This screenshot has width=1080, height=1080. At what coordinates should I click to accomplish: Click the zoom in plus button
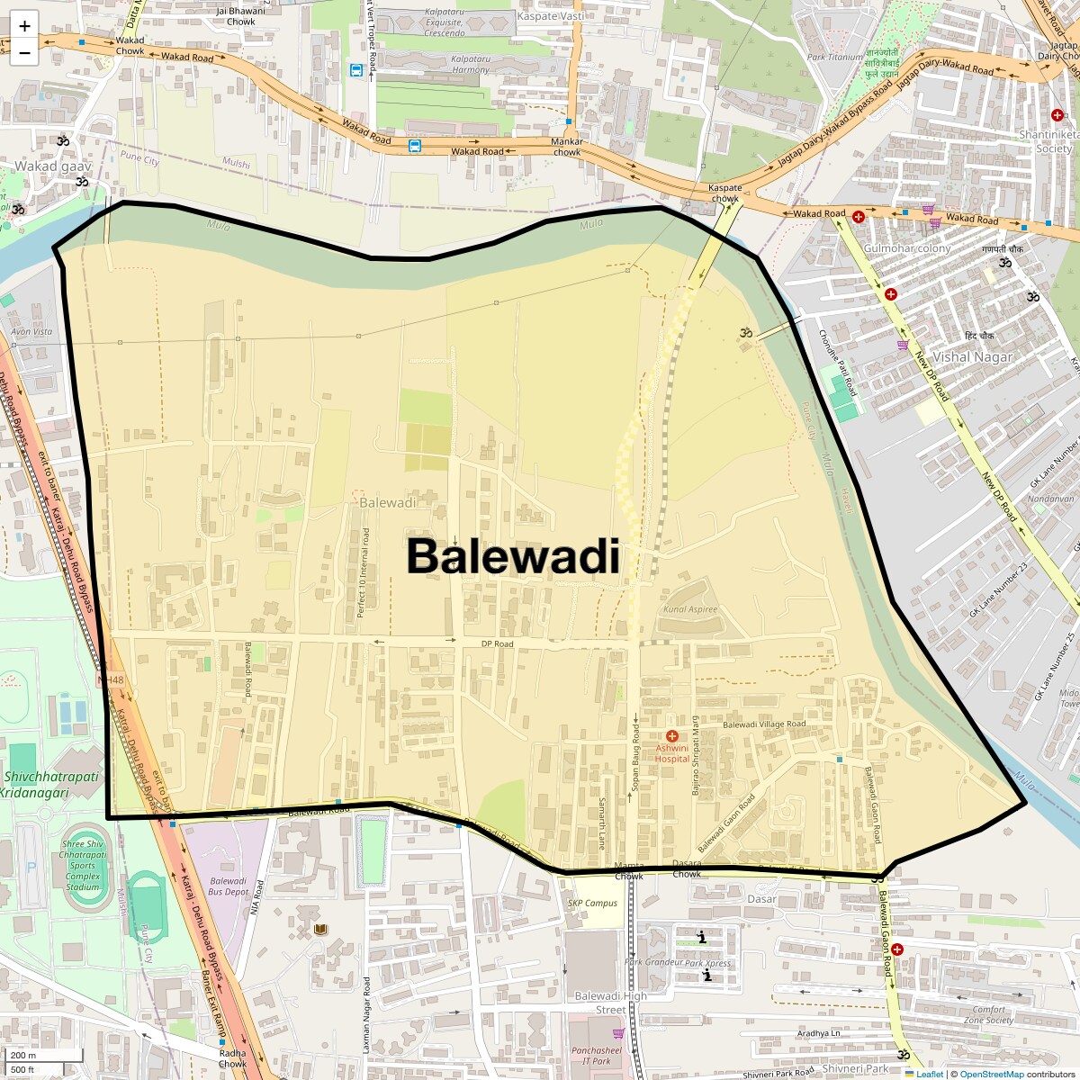pyautogui.click(x=24, y=26)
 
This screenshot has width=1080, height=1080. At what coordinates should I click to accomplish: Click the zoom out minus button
pyautogui.click(x=24, y=52)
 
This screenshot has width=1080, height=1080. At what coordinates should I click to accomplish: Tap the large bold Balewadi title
pyautogui.click(x=513, y=556)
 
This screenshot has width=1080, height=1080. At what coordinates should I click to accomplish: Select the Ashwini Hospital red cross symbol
pyautogui.click(x=671, y=736)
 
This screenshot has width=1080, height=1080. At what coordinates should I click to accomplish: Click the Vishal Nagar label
pyautogui.click(x=972, y=356)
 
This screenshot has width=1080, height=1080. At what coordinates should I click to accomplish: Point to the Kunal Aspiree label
pyautogui.click(x=690, y=609)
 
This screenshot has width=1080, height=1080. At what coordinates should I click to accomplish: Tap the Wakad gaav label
pyautogui.click(x=53, y=166)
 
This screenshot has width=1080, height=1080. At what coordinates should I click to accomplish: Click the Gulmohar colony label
pyautogui.click(x=906, y=248)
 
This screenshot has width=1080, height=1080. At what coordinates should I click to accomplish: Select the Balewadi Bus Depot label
pyautogui.click(x=228, y=886)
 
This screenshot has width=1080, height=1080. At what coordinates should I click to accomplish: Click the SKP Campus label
pyautogui.click(x=592, y=903)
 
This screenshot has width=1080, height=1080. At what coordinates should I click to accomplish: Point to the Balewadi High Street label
pyautogui.click(x=611, y=1002)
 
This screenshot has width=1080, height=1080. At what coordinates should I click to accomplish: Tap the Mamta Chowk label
pyautogui.click(x=629, y=870)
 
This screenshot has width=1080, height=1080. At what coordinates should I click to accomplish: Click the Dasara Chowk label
pyautogui.click(x=687, y=868)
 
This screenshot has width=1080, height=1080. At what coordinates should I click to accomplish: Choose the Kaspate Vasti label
pyautogui.click(x=551, y=16)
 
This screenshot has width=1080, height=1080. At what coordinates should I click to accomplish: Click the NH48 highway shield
pyautogui.click(x=111, y=680)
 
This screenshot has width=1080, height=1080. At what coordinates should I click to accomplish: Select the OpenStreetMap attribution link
pyautogui.click(x=991, y=1074)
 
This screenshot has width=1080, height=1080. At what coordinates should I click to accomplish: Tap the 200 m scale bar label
pyautogui.click(x=24, y=1055)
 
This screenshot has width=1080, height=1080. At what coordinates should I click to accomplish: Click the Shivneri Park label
pyautogui.click(x=855, y=1069)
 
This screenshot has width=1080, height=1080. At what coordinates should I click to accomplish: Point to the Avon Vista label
pyautogui.click(x=31, y=331)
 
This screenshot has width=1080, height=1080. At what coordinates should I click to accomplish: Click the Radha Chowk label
pyautogui.click(x=232, y=1057)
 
